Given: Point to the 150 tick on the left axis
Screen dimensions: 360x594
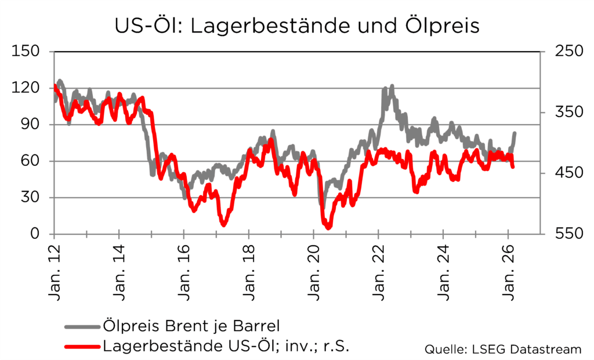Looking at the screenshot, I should tap(27, 51).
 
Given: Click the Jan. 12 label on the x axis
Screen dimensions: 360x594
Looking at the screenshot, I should tap(54, 270).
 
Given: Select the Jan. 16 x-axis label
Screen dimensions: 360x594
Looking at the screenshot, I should tap(184, 270).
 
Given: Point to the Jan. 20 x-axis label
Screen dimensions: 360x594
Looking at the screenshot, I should tap(314, 270).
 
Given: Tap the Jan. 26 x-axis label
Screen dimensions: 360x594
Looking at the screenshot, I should tap(509, 270).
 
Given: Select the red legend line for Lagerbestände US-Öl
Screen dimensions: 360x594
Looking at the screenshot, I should tap(81, 347).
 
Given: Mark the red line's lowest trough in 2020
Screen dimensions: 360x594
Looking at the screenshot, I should tap(328, 227).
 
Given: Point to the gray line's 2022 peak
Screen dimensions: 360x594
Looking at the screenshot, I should tap(392, 87).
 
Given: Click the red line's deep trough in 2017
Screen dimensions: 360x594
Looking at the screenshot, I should tap(223, 224).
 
